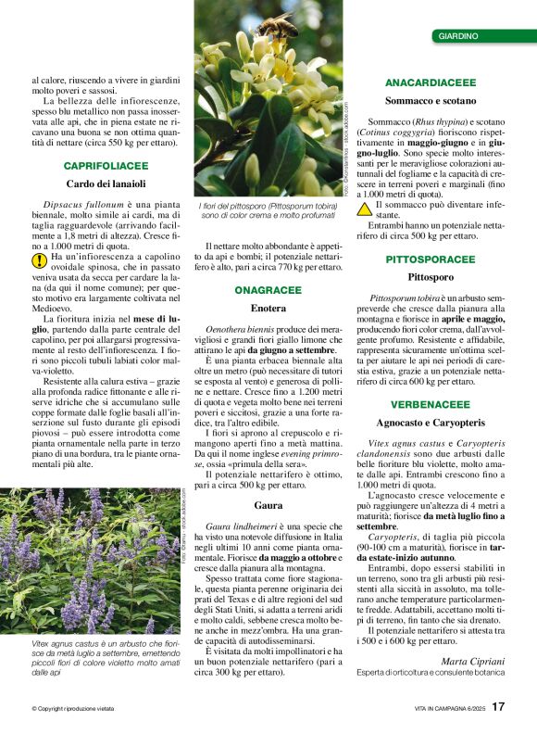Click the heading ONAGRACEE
pos(268,290)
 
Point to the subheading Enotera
pos(268,308)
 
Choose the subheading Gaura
pos(268,505)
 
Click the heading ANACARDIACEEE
pos(431,82)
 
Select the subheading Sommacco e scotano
pos(431,100)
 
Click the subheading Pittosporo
pos(431,277)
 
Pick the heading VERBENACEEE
pos(431,405)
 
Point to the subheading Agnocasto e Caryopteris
pos(431,423)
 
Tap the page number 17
pos(498,707)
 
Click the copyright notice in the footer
pos(73,709)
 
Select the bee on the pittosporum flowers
pos(277,25)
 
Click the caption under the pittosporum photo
pos(268,211)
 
